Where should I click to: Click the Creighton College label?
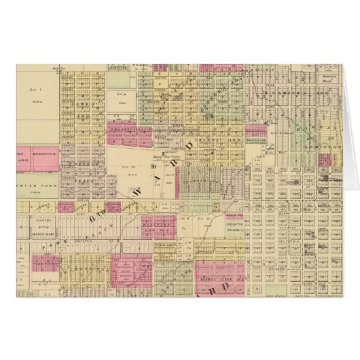(x=237, y=229)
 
